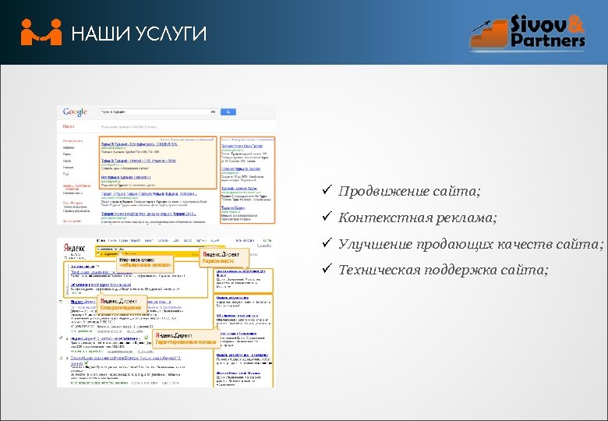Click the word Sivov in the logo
point(537,23)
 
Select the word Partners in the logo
point(549,41)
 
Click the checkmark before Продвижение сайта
point(330,192)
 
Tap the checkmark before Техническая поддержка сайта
point(330,271)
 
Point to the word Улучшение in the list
point(373,245)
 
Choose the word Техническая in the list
point(378,271)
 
